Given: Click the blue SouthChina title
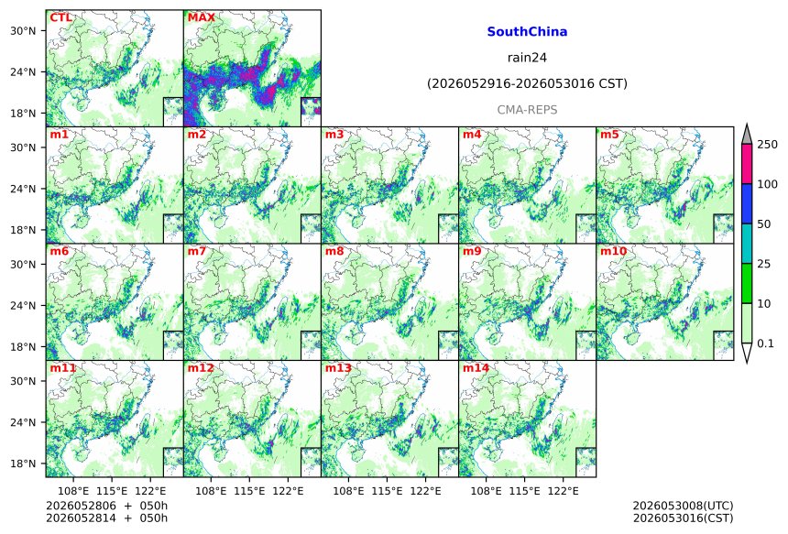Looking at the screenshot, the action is click(527, 32).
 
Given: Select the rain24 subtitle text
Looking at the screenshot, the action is click(527, 58).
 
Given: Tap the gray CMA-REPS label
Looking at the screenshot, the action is click(527, 110).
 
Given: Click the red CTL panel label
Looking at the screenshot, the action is click(60, 17).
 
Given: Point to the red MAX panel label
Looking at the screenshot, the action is click(201, 17).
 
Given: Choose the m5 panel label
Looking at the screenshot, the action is click(609, 135).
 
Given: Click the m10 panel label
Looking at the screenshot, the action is click(613, 251).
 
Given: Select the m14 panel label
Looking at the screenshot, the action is click(476, 367).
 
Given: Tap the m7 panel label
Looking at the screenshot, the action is click(197, 251).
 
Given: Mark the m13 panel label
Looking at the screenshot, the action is click(338, 367).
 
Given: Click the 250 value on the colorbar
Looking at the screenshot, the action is click(768, 145).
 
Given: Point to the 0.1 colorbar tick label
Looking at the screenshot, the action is click(766, 343).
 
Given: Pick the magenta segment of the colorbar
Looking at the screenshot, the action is click(747, 164).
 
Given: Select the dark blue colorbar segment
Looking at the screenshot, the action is click(747, 203).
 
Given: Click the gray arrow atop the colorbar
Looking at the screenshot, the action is click(747, 134).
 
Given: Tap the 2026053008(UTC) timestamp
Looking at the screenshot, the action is click(683, 506).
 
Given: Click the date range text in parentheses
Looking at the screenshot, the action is click(527, 83).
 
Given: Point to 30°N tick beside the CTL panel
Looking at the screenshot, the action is click(24, 30).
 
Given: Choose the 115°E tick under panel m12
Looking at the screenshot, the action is click(250, 491).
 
